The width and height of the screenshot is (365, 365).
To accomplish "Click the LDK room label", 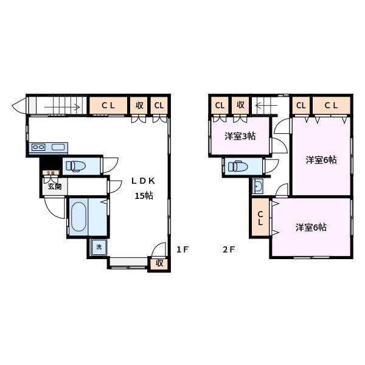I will (x=144, y=181).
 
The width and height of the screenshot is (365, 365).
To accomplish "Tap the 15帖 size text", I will (x=144, y=196).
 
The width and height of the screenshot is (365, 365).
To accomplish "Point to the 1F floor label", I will (x=183, y=249).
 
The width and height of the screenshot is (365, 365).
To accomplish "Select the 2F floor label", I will (x=228, y=249).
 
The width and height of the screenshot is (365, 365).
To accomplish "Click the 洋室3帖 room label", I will (x=239, y=136).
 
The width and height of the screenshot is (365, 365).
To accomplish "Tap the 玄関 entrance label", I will (x=54, y=187).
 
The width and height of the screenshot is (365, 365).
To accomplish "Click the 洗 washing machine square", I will (x=99, y=247).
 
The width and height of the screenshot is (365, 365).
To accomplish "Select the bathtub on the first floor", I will (x=78, y=217).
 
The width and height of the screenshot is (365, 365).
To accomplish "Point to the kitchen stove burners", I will (x=38, y=147).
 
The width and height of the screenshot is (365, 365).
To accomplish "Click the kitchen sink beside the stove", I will (x=59, y=147).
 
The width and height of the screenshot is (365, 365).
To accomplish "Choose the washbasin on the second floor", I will (x=258, y=186).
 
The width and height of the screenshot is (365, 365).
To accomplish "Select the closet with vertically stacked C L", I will (x=260, y=218).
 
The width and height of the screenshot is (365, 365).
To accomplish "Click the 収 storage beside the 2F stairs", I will (x=240, y=105).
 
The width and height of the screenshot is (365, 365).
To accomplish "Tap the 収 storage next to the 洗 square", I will (x=159, y=263).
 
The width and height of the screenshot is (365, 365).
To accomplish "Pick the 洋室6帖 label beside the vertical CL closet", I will (x=311, y=228).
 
